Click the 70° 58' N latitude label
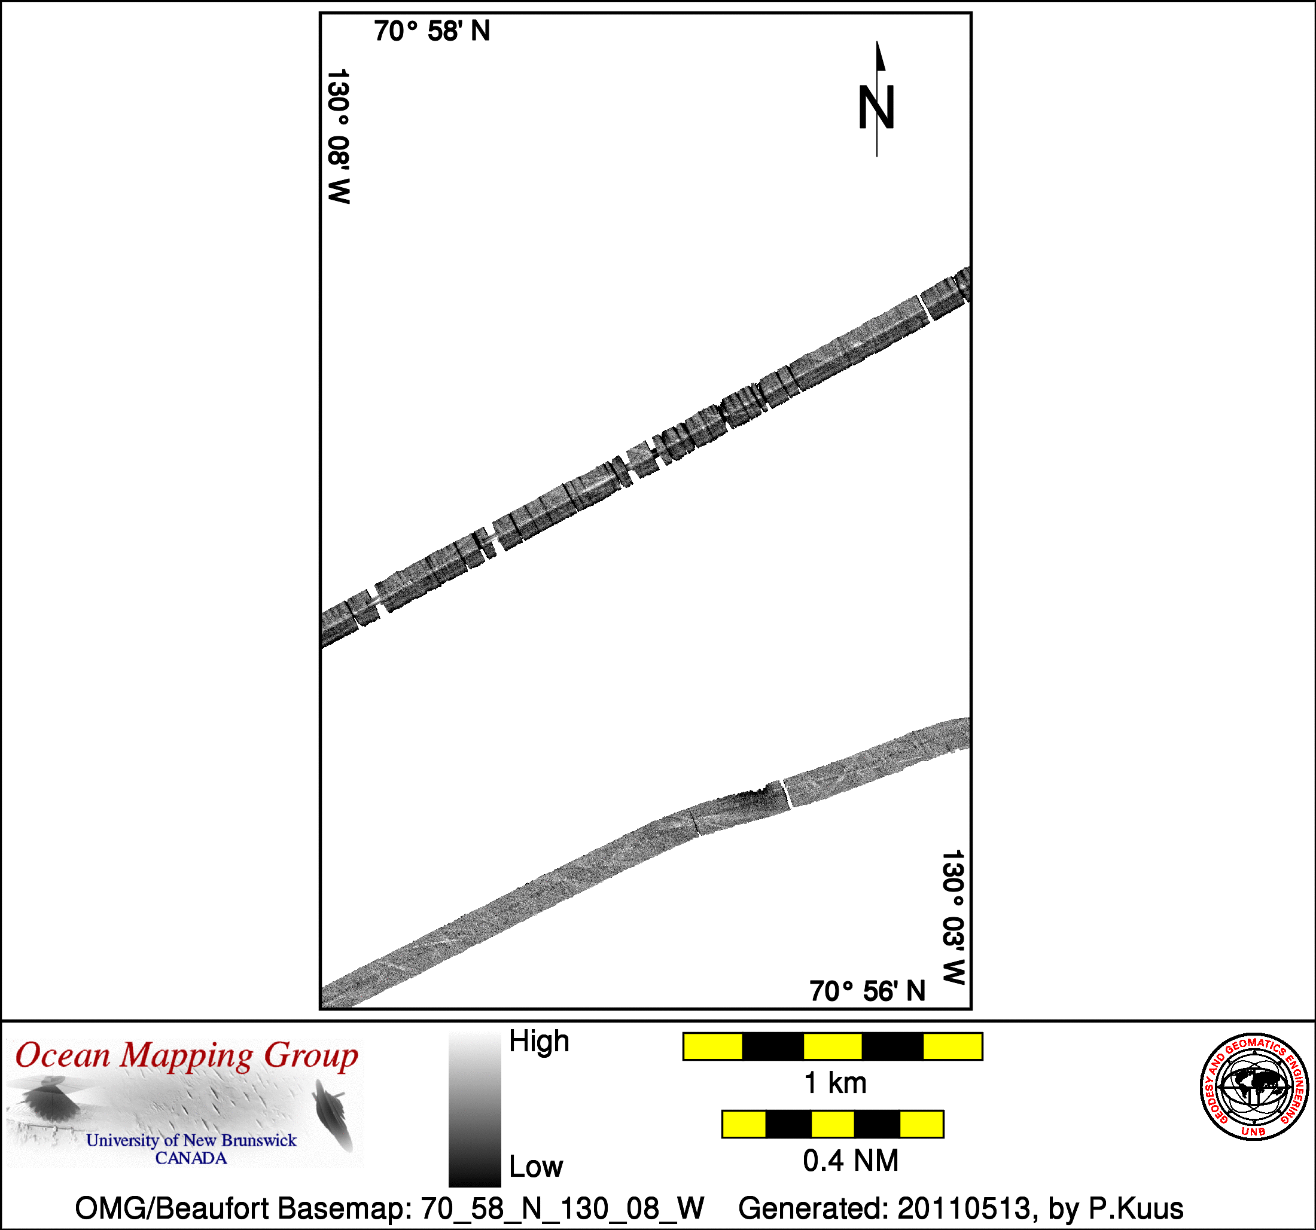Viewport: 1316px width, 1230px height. coord(432,31)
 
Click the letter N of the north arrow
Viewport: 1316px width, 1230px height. coord(876,107)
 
